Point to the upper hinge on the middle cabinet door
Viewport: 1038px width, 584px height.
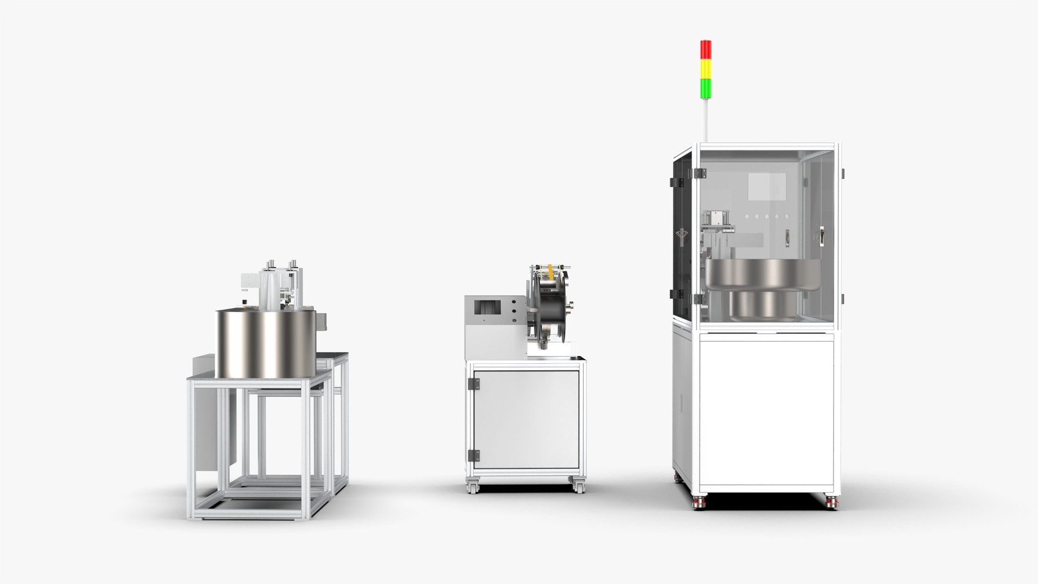pos(474,384)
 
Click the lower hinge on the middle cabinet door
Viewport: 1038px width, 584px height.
pos(474,455)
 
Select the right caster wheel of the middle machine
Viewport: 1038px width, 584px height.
pos(578,486)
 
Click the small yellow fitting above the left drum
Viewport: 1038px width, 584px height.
pos(246,306)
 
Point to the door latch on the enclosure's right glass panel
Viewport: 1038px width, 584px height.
pos(821,236)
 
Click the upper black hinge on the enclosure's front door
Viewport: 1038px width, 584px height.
pos(700,173)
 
